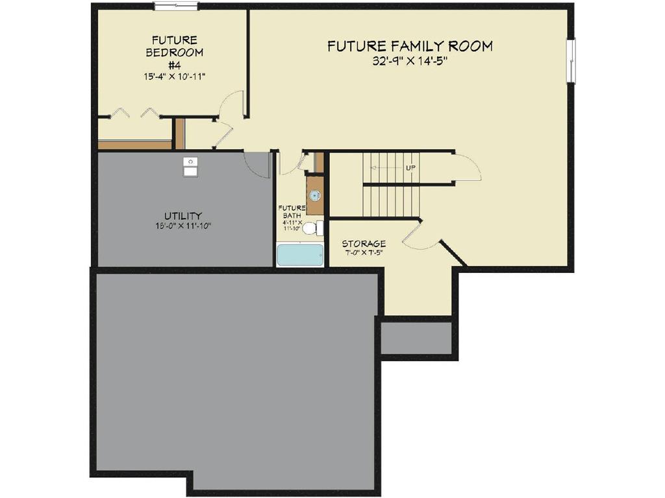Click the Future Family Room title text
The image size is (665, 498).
click(x=410, y=46)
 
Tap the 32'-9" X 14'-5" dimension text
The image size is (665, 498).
click(x=410, y=62)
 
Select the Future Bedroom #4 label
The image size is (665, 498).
click(x=174, y=52)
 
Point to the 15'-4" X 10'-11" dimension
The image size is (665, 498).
click(x=174, y=77)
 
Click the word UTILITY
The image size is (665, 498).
click(x=182, y=215)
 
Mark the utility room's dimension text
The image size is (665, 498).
click(x=182, y=226)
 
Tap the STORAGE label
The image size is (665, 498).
click(x=364, y=244)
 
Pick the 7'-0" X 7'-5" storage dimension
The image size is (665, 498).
click(x=364, y=253)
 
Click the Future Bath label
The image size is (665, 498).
click(x=292, y=212)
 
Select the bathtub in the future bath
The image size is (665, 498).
click(x=300, y=255)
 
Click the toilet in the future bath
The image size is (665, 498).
click(x=312, y=228)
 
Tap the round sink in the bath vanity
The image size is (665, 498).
click(x=315, y=195)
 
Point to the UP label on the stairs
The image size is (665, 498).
click(x=410, y=168)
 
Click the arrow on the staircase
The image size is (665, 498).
click(x=388, y=168)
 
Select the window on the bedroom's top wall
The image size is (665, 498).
click(x=175, y=6)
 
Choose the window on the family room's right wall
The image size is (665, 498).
click(x=571, y=61)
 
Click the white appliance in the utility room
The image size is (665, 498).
click(x=190, y=167)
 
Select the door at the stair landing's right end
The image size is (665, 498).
click(x=467, y=166)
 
